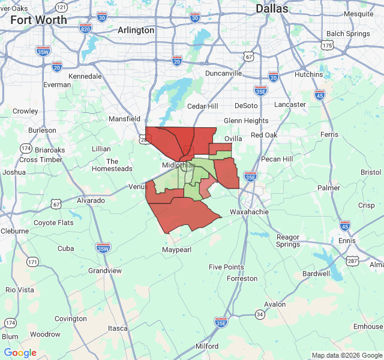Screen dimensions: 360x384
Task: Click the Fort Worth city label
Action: (x=39, y=19)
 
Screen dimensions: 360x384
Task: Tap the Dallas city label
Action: (x=272, y=8)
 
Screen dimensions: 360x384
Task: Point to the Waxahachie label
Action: (x=250, y=212)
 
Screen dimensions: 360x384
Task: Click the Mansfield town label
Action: (x=124, y=119)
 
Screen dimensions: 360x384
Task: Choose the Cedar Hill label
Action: (x=202, y=106)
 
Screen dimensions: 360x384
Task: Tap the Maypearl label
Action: (x=178, y=249)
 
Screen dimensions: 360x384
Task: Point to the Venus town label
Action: (x=138, y=187)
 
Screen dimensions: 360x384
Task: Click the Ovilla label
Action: (x=233, y=139)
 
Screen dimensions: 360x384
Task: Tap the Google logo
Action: (x=20, y=352)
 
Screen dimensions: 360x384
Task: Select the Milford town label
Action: (x=207, y=346)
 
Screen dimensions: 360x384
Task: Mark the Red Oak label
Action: (x=264, y=135)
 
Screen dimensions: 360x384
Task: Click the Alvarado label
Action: (x=90, y=200)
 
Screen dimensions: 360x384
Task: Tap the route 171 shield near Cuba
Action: (x=32, y=262)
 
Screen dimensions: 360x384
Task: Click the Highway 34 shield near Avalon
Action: (x=259, y=314)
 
